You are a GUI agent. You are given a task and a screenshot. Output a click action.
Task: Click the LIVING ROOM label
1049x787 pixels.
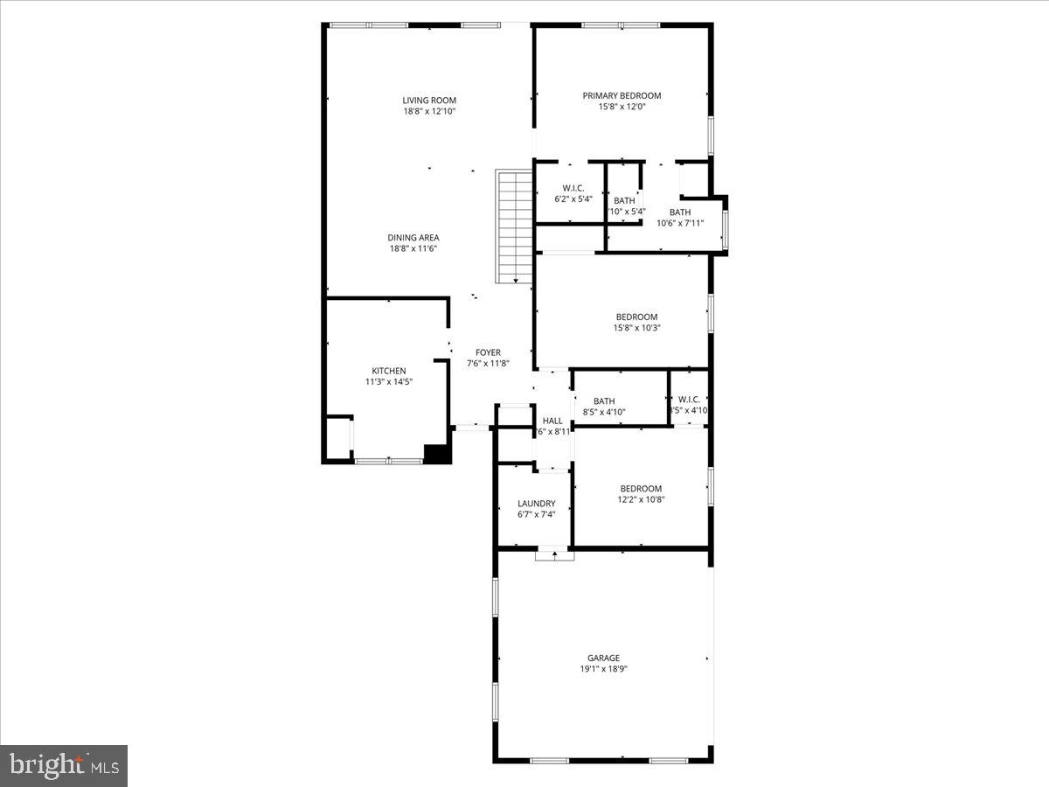click(429, 101)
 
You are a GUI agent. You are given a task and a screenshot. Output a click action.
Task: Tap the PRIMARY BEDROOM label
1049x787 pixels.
click(622, 95)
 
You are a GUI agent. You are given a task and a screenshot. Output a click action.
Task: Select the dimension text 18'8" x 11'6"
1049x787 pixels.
click(413, 248)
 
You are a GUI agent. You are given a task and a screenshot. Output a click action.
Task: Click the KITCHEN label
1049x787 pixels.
click(388, 371)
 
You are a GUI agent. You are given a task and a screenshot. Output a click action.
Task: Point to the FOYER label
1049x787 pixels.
click(488, 352)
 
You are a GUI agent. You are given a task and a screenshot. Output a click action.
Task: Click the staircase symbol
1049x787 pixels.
click(514, 226)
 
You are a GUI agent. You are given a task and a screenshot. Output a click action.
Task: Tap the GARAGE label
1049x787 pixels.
click(603, 658)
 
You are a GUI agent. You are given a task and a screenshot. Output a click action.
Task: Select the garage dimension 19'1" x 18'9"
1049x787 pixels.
click(603, 669)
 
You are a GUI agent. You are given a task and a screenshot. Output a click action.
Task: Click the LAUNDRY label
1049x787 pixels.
click(536, 504)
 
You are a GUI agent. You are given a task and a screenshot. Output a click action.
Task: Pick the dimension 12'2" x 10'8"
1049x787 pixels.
click(641, 500)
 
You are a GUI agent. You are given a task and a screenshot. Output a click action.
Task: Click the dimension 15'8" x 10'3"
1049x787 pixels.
click(636, 328)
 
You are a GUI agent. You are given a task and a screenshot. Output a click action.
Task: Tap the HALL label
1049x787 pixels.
click(552, 421)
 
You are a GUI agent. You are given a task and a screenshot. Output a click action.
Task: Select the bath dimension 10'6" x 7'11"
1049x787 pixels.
click(680, 223)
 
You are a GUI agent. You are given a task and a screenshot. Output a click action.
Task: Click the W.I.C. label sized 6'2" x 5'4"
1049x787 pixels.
click(573, 188)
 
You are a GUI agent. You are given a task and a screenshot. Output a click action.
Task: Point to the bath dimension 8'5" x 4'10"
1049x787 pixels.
click(604, 412)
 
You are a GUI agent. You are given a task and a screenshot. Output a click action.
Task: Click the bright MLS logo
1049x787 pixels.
click(64, 766)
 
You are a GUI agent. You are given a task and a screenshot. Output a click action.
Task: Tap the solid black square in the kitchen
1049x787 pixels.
click(435, 453)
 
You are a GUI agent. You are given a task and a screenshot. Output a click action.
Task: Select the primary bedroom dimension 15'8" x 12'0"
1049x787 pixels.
click(622, 107)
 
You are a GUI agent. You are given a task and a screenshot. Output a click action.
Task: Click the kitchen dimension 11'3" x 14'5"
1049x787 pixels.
click(388, 382)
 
